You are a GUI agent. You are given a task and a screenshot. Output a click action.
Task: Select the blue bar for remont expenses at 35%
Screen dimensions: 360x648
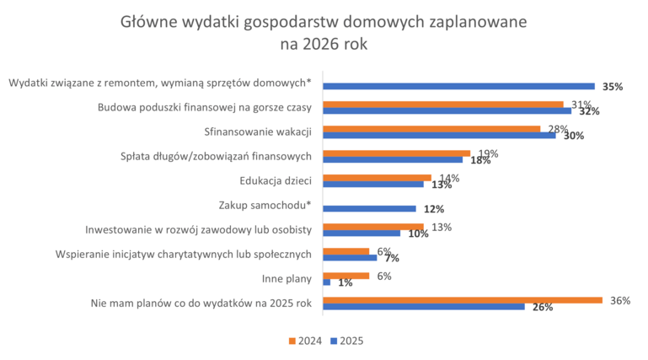[x=458, y=86]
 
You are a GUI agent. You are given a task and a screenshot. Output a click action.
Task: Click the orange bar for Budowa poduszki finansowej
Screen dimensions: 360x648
[x=443, y=105]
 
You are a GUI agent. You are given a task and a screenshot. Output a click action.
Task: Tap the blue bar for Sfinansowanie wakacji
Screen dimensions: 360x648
[x=439, y=134]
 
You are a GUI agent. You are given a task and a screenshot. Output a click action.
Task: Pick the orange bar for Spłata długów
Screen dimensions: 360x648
[x=397, y=153]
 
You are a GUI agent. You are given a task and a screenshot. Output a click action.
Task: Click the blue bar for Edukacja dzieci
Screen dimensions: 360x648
[x=373, y=184]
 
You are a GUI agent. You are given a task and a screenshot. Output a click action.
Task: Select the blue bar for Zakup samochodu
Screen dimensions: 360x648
[x=370, y=208]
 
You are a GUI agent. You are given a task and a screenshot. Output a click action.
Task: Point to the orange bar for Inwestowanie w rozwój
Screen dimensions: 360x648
[x=373, y=227]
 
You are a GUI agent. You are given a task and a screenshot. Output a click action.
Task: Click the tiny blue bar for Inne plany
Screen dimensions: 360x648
[x=327, y=282]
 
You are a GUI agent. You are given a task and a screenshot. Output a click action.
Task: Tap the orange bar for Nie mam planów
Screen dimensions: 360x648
[x=463, y=299]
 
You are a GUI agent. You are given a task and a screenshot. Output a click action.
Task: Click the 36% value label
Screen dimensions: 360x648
[x=620, y=300]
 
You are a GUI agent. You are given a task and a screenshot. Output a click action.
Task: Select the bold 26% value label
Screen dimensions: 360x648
[x=543, y=308]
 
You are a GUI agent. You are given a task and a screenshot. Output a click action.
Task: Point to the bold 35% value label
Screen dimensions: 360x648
[x=613, y=87]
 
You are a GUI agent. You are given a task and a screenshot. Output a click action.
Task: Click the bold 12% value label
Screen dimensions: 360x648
[x=433, y=209]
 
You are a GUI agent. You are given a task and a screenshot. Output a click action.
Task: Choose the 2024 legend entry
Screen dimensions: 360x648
[x=304, y=341]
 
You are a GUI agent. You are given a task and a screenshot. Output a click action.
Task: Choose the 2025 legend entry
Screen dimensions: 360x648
[x=345, y=341]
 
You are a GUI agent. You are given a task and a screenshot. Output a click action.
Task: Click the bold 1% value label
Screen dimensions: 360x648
[x=345, y=283]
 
